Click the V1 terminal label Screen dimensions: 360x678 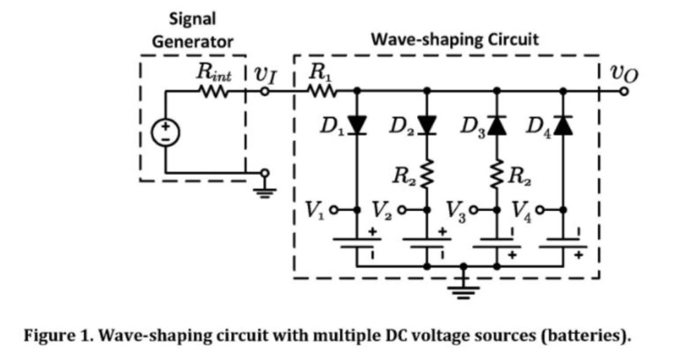click(316, 210)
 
